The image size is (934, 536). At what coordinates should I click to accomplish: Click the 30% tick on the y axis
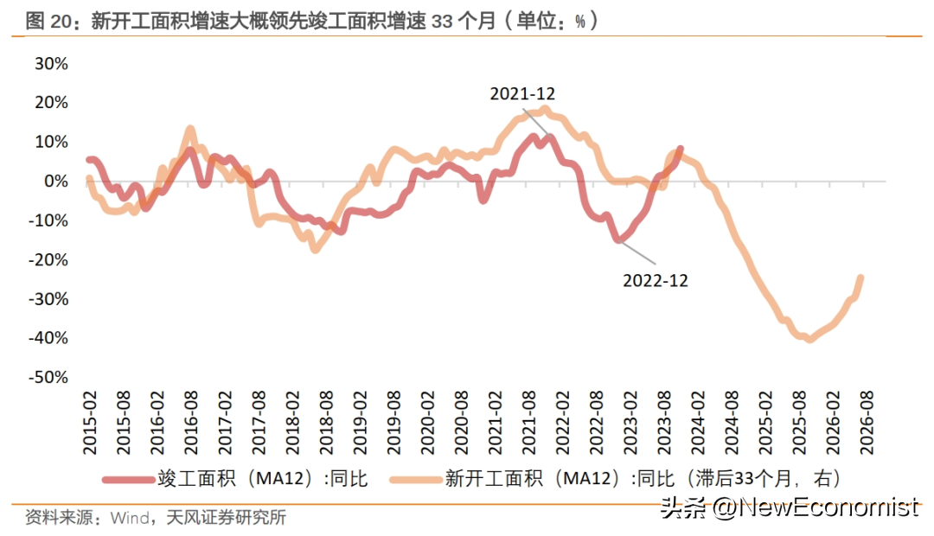[51, 64]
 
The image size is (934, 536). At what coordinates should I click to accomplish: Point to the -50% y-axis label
[48, 378]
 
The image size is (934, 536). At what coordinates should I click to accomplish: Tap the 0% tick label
[56, 182]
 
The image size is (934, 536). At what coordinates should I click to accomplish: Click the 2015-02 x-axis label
[90, 423]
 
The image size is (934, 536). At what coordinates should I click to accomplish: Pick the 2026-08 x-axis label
[864, 423]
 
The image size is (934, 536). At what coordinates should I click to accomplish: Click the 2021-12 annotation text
[522, 93]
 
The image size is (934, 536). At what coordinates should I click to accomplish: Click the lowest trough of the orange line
[809, 339]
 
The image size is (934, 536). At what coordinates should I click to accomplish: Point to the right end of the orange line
[861, 278]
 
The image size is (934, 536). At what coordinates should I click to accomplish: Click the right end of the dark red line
[681, 149]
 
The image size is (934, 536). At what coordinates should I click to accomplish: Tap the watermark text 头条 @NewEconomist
[789, 507]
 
